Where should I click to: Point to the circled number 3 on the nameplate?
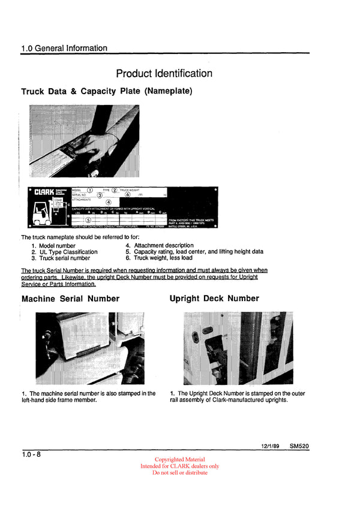tap(100, 195)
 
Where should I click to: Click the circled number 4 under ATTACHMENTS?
tap(109, 202)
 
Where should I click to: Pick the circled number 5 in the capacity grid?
tap(89, 220)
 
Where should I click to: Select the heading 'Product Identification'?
tap(164, 74)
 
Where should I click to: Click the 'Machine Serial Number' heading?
tap(70, 299)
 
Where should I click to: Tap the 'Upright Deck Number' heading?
tap(214, 299)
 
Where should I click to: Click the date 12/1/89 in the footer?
tap(271, 447)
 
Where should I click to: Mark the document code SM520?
tap(299, 447)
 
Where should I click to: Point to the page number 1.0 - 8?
tap(31, 455)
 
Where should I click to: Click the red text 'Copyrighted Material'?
tap(179, 460)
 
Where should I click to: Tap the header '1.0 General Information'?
tap(64, 48)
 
